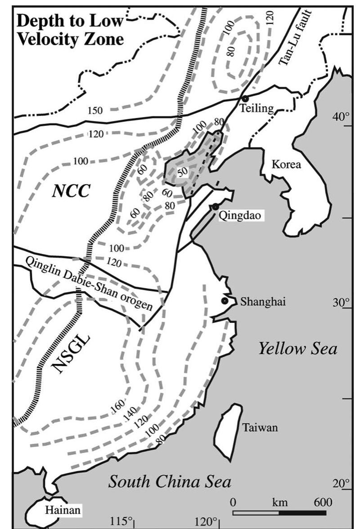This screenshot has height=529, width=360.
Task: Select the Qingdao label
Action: pos(238,216)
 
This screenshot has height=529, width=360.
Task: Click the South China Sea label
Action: pos(170,482)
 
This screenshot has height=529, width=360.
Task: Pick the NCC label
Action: pos(71,191)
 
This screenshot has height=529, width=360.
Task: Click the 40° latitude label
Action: pos(341,118)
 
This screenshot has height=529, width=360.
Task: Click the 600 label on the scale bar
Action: pos(324,502)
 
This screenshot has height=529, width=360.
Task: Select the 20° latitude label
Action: pos(341,483)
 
